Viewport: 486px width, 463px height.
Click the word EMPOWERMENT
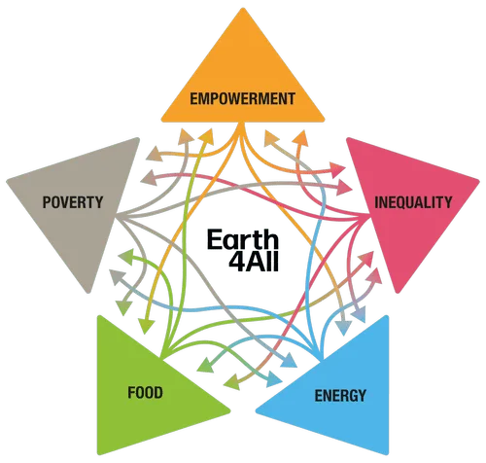point(242,98)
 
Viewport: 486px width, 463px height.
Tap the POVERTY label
point(73,202)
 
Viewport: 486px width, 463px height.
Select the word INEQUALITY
point(413,202)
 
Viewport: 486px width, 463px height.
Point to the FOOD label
point(145,393)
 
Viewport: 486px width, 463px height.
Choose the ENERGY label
point(340,396)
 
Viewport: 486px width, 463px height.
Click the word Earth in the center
point(243,239)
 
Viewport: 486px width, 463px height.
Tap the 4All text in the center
point(254,261)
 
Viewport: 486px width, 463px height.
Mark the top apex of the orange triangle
point(243,9)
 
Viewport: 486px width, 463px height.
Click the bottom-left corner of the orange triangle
point(162,121)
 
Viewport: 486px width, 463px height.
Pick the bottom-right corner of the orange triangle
point(324,121)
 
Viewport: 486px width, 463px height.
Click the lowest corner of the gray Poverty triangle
point(87,293)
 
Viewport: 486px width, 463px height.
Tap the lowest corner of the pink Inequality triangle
point(399,293)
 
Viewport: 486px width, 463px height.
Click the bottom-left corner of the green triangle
point(98,454)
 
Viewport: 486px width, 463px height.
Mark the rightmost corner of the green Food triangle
point(230,411)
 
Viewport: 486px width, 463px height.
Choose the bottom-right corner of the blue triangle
point(388,454)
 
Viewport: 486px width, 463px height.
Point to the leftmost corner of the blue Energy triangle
point(257,411)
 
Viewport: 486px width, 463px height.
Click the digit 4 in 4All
point(236,261)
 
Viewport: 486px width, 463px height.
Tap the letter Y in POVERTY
point(98,202)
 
